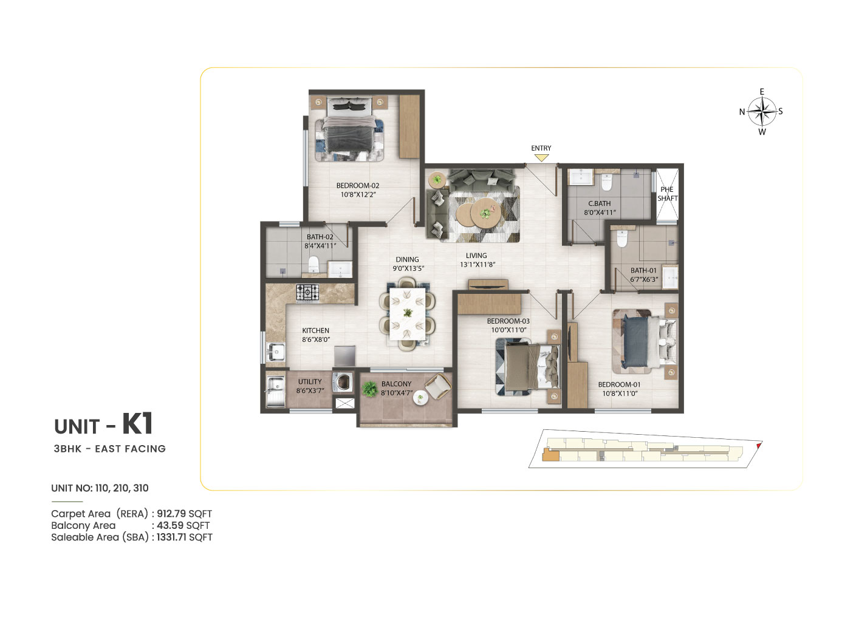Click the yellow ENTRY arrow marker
[x=541, y=157]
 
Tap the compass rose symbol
[x=761, y=112]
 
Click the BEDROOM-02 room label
[x=358, y=186]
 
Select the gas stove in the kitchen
[x=307, y=293]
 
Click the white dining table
[x=408, y=314]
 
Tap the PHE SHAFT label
[x=668, y=194]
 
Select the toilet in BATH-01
[x=622, y=238]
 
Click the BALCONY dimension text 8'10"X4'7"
[x=397, y=393]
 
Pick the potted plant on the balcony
[x=369, y=389]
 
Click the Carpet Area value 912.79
[x=171, y=513]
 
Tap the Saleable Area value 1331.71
[x=171, y=537]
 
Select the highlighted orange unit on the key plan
[x=550, y=455]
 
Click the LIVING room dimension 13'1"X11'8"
[x=477, y=265]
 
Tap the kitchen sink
[x=276, y=352]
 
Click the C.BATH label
[x=600, y=203]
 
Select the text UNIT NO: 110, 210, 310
[x=100, y=488]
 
